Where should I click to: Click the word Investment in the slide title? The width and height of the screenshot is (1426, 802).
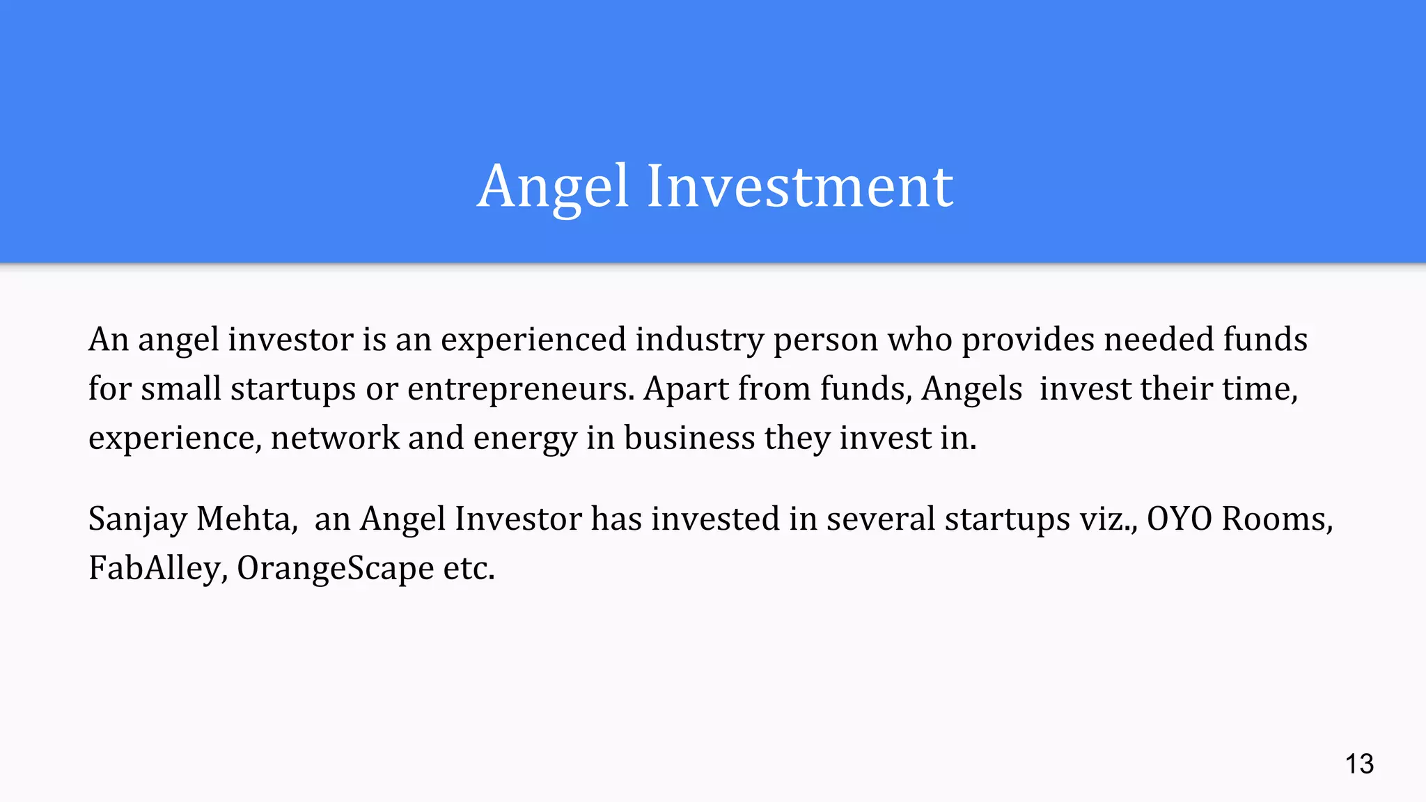[800, 187]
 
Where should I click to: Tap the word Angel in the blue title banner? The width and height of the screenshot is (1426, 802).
[554, 187]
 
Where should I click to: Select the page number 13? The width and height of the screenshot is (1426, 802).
[1359, 764]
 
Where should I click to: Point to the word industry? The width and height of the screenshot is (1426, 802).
[699, 340]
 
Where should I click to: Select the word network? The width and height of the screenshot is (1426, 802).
[335, 439]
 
